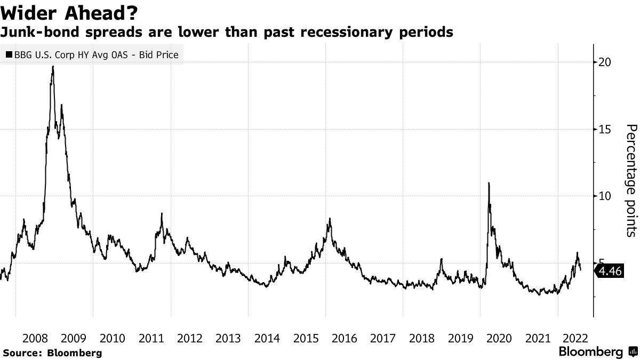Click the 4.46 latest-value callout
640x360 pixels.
[x=610, y=271]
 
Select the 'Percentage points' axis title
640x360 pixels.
[x=630, y=180]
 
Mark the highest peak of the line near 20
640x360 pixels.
[x=53, y=67]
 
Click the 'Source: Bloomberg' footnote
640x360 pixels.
[x=52, y=353]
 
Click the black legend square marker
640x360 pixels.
[x=9, y=54]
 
